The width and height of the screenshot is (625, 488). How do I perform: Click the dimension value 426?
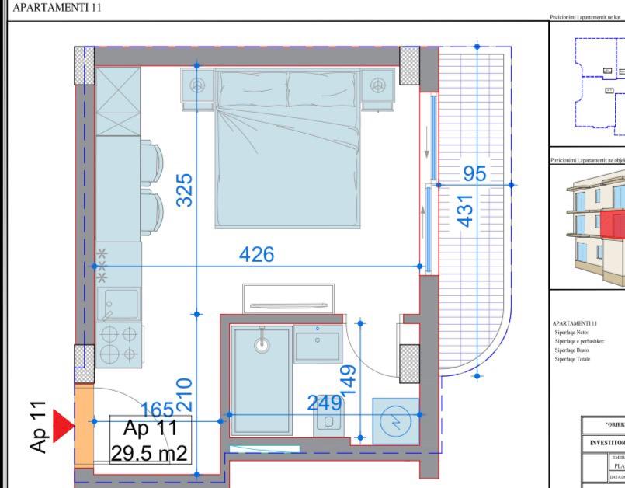(x=256, y=254)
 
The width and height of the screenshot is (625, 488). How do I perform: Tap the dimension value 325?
(x=184, y=190)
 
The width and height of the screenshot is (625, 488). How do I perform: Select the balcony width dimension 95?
(x=474, y=173)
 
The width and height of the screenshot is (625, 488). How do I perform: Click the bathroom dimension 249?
(x=325, y=403)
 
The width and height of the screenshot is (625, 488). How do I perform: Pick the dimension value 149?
(x=349, y=380)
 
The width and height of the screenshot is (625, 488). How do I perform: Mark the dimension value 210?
(x=184, y=394)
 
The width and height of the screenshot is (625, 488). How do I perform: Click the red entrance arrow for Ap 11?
(x=62, y=426)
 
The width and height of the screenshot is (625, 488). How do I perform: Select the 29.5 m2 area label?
(x=149, y=453)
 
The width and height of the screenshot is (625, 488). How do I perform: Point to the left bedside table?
(x=198, y=84)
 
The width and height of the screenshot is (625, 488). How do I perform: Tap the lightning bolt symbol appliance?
(x=395, y=421)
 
